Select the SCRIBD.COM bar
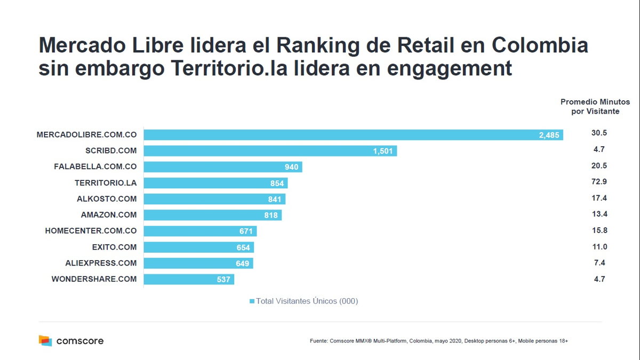point(270,151)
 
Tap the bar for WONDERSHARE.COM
point(189,279)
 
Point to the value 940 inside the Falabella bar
point(292,167)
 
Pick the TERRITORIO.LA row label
point(106,183)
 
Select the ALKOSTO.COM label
point(107,199)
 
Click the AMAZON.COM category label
point(108,215)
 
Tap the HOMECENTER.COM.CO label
point(91,231)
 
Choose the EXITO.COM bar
point(198,247)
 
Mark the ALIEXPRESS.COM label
point(101,263)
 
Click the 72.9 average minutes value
point(599,182)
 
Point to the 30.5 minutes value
point(599,133)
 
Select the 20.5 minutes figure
point(599,166)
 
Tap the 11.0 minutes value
point(599,246)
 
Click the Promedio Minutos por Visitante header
point(595,107)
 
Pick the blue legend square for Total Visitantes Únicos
point(252,301)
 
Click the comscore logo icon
point(45,340)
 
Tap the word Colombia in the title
point(540,46)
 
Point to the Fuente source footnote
point(438,341)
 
